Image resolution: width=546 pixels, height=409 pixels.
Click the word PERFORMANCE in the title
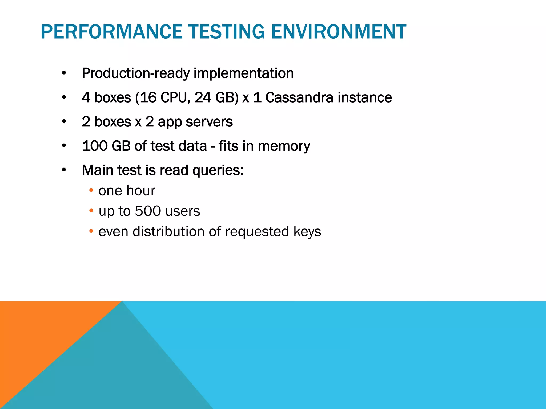[111, 32]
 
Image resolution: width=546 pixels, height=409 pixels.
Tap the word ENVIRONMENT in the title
[339, 32]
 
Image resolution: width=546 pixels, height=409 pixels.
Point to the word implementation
[243, 73]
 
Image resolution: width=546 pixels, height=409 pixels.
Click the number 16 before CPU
[148, 97]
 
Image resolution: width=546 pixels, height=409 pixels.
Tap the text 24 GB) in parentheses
[216, 97]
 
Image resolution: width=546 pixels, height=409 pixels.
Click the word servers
[209, 122]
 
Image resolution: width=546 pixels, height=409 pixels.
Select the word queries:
[218, 171]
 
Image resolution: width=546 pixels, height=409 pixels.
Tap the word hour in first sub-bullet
[141, 191]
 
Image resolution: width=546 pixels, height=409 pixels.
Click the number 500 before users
[148, 211]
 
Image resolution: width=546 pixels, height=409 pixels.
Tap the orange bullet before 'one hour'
[91, 190]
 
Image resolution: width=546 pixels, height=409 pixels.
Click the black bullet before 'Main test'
[64, 170]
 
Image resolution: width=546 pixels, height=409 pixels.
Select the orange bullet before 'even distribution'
[91, 231]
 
